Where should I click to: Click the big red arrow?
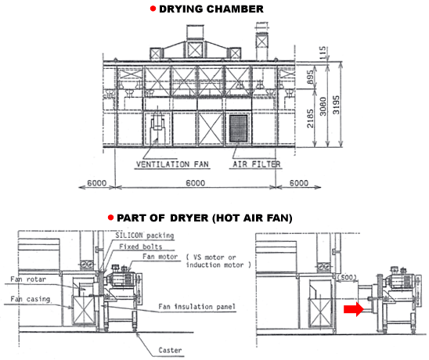(354, 309)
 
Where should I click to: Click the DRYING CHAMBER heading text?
(211, 9)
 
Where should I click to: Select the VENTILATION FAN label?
(172, 164)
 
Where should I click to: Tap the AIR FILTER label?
(257, 164)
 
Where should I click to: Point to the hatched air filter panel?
(238, 128)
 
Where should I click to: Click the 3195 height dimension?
(336, 105)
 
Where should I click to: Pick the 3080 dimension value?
(323, 106)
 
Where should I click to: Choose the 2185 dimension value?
(310, 118)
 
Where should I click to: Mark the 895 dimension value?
(310, 77)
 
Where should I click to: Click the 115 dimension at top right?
(323, 52)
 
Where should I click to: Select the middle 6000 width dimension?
(196, 182)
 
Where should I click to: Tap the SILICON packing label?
(145, 236)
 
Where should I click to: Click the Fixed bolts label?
(141, 247)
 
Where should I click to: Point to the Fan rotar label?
(28, 279)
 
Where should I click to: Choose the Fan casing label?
(30, 299)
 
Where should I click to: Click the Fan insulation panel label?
(196, 307)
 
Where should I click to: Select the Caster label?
(170, 350)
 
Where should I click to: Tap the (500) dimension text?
(347, 277)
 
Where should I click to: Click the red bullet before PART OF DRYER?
(110, 218)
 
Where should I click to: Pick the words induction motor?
(214, 265)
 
